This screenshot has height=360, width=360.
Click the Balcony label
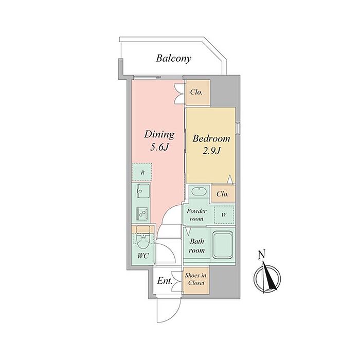click(173, 58)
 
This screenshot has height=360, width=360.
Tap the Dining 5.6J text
click(159, 140)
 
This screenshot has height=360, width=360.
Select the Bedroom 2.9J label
click(211, 144)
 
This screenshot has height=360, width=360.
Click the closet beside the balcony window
click(197, 93)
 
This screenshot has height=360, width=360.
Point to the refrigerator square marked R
click(142, 172)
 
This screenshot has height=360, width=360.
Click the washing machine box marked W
click(224, 215)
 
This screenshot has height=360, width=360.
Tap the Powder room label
click(196, 215)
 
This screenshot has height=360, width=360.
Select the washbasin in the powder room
click(197, 193)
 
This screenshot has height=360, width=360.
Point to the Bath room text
click(196, 245)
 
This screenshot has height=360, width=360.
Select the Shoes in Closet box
click(196, 279)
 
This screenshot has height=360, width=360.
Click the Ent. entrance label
click(165, 281)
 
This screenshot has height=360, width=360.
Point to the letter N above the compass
click(262, 254)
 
